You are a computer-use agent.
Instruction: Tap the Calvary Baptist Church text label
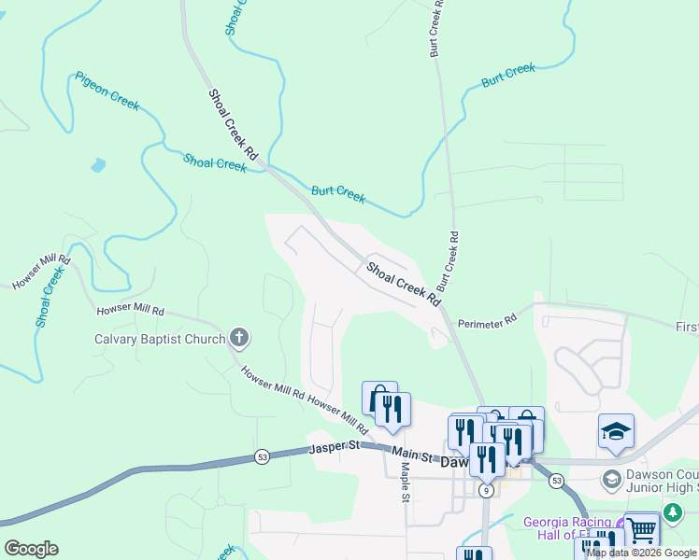(160, 339)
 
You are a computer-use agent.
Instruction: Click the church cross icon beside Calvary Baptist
(239, 338)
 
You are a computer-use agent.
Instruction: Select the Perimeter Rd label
(487, 323)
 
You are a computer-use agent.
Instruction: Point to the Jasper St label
(335, 450)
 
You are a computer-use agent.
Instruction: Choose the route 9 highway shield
(485, 490)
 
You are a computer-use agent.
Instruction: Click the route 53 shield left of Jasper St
(264, 457)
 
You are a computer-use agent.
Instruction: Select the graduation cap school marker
(616, 431)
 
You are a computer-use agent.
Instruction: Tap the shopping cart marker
(641, 530)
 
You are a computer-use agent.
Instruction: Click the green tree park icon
(673, 512)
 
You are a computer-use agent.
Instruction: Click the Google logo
(31, 549)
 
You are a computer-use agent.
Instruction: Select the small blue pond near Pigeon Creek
(98, 167)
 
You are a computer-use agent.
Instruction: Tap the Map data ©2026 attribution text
(641, 553)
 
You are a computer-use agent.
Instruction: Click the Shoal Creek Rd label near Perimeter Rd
(403, 285)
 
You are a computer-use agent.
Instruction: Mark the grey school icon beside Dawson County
(612, 480)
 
